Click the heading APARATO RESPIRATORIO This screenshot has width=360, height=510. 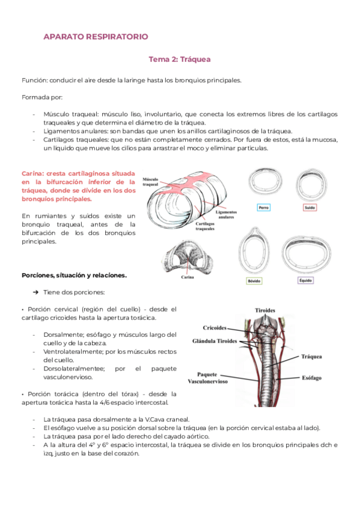[x=96, y=37]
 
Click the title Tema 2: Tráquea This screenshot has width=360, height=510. [x=180, y=60]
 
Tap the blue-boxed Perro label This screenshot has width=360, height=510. [x=263, y=207]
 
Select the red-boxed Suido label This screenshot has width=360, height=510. [x=310, y=207]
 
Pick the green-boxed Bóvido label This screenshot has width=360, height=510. [x=254, y=281]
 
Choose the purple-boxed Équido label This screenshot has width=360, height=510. [x=306, y=280]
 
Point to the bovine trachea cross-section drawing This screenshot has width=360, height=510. [x=254, y=251]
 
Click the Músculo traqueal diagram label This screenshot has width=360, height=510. [x=150, y=182]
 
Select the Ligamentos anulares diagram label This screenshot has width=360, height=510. [x=226, y=215]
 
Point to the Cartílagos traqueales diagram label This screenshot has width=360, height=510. [x=205, y=226]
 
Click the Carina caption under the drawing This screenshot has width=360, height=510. [x=188, y=277]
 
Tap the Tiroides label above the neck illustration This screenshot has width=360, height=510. [x=265, y=310]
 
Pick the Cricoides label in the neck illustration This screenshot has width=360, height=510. [x=215, y=328]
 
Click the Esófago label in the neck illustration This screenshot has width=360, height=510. [x=311, y=378]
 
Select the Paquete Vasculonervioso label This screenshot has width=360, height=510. [x=207, y=378]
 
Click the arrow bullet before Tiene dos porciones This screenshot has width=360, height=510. [x=35, y=292]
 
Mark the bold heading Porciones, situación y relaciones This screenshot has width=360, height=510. [x=74, y=275]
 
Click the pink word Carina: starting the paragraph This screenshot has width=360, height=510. [x=32, y=174]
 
